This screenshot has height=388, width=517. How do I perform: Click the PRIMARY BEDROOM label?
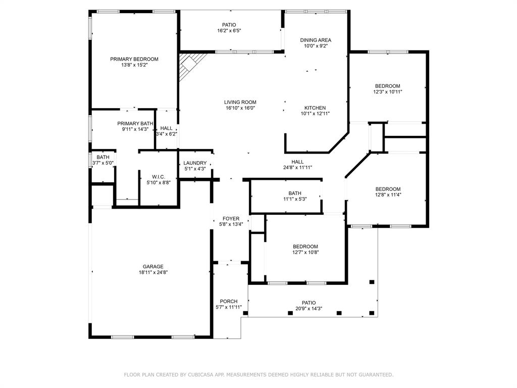134,59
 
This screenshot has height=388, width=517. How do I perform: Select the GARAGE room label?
152,267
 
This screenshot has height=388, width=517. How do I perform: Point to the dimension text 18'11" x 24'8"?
152,273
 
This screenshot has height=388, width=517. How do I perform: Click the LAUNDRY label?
195,163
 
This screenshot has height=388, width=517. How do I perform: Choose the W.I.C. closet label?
159,177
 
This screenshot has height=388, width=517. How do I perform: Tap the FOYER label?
231,219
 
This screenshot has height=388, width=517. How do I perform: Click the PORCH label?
229,302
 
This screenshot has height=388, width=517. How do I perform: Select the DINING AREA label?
316,40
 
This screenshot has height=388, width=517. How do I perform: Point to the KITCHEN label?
315,108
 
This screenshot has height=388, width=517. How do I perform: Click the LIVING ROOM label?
240,102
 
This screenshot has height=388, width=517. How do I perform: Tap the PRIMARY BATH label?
135,123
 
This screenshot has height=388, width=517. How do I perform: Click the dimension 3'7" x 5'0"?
103,163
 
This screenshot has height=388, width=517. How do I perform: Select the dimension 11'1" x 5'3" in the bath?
295,199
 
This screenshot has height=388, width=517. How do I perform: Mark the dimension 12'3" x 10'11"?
387,92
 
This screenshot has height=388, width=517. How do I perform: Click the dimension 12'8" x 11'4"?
388,195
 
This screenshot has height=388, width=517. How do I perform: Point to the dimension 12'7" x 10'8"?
305,253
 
